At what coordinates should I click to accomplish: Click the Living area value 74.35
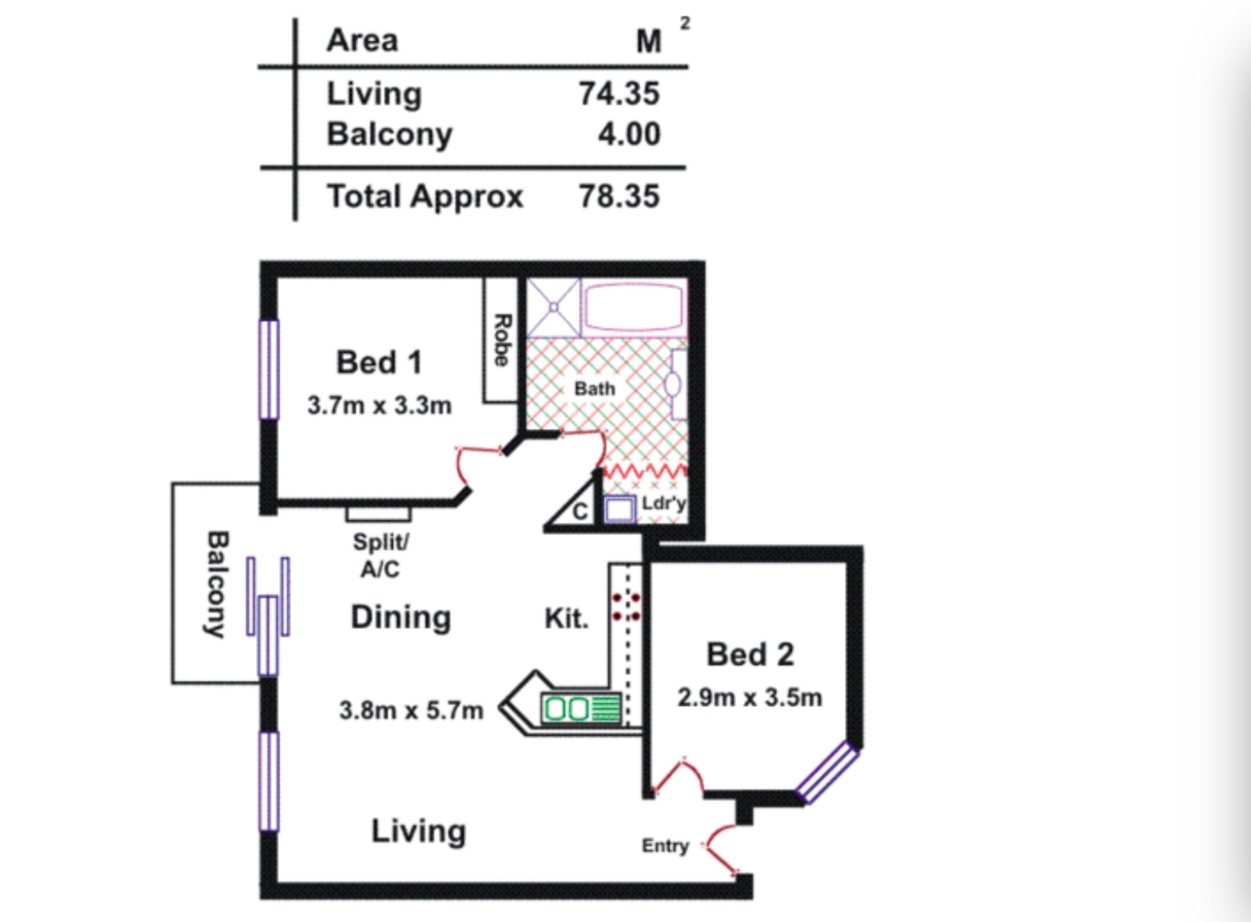(619, 93)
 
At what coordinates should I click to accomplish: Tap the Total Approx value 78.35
(619, 196)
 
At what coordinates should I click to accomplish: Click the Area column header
(362, 41)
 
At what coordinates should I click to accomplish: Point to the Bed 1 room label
(379, 362)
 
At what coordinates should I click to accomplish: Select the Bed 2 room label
(750, 654)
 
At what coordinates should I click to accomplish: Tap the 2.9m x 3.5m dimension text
(750, 698)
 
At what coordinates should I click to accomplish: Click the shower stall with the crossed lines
(553, 307)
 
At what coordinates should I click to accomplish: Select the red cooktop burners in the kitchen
(626, 607)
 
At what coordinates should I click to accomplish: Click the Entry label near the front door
(665, 845)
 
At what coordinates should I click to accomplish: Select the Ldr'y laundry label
(664, 503)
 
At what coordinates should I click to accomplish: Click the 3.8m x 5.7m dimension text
(411, 711)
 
